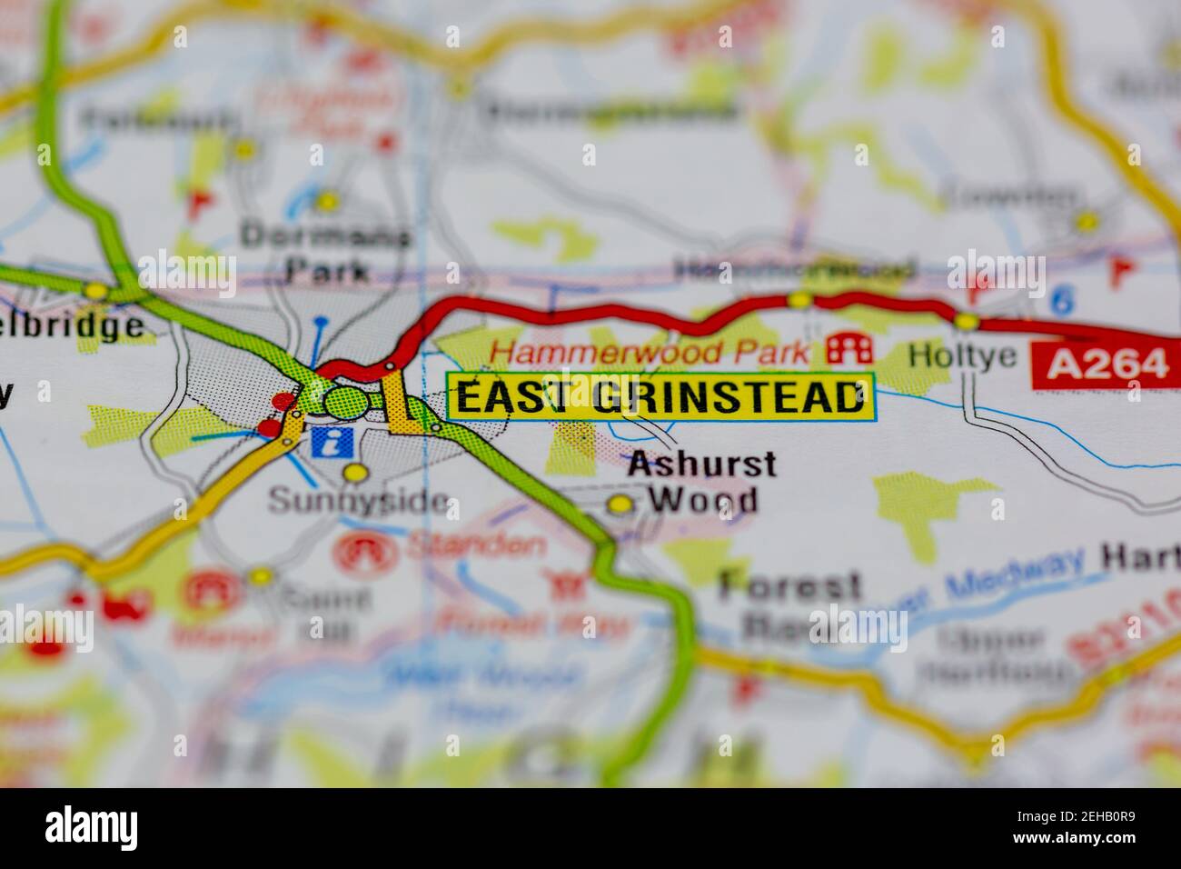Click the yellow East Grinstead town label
(x=660, y=397)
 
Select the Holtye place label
(x=963, y=355)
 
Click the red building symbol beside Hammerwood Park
(x=849, y=348)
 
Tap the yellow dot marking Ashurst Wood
(x=620, y=504)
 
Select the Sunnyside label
(x=359, y=501)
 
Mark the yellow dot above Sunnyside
(x=355, y=473)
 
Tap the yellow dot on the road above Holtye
(x=967, y=321)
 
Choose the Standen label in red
(x=476, y=545)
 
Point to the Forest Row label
(x=789, y=604)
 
